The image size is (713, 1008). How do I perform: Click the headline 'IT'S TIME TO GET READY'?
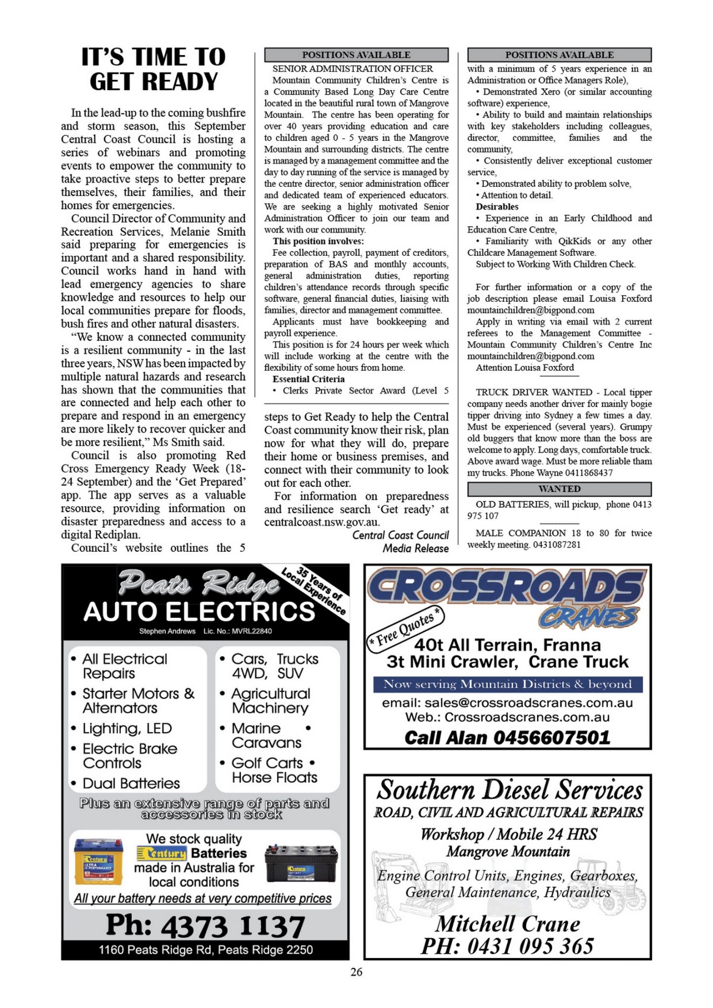(x=153, y=69)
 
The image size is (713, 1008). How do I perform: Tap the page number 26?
(x=356, y=972)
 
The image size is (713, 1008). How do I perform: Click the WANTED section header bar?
(x=559, y=489)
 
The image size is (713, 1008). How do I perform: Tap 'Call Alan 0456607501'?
(x=507, y=738)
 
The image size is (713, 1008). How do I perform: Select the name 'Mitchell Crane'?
(x=508, y=923)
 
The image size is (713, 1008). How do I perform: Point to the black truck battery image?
(x=301, y=864)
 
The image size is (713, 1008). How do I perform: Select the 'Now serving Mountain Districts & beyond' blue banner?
(x=507, y=684)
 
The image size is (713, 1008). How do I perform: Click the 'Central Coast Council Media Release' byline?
(x=400, y=541)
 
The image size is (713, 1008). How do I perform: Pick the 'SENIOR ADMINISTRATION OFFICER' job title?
(x=352, y=69)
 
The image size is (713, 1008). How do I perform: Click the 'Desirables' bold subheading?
(x=497, y=207)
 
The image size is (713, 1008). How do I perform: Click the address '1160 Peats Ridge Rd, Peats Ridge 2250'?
(x=205, y=950)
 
